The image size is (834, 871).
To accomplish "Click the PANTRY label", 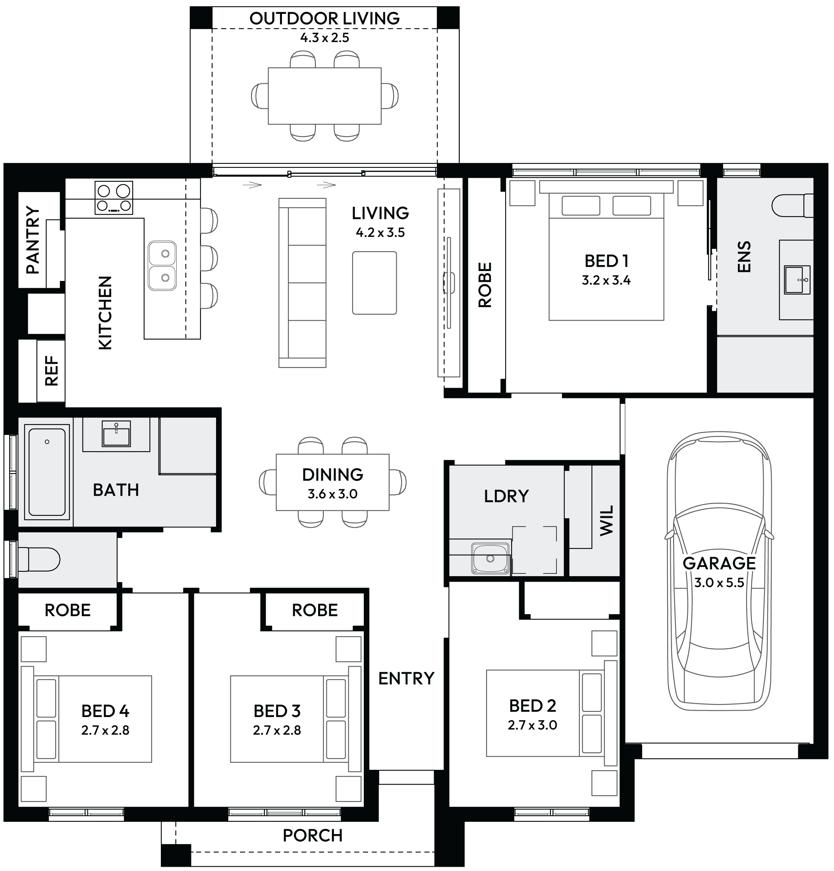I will pyautogui.click(x=33, y=240).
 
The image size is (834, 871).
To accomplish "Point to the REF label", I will pyautogui.click(x=52, y=371).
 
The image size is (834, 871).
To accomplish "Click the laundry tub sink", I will pyautogui.click(x=490, y=558).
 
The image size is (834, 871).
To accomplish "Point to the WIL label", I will pyautogui.click(x=606, y=520).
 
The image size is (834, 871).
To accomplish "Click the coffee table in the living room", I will pyautogui.click(x=375, y=283).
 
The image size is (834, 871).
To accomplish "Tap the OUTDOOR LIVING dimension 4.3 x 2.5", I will pyautogui.click(x=324, y=38).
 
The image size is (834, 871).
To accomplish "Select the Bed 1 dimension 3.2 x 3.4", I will pyautogui.click(x=606, y=280).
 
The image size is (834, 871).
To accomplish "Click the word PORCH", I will pyautogui.click(x=313, y=836).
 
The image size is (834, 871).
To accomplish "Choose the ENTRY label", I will pyautogui.click(x=406, y=679).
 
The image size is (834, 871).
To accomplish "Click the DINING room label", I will pyautogui.click(x=332, y=475).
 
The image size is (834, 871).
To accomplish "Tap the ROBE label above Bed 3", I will pyautogui.click(x=315, y=610).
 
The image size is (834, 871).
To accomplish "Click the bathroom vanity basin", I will pyautogui.click(x=116, y=434).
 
